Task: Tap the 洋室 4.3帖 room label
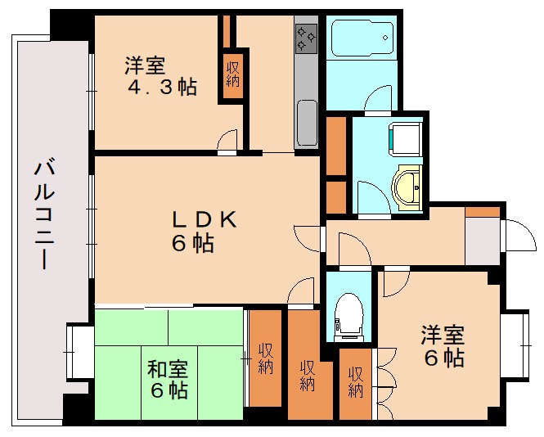(160, 75)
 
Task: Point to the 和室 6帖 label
(169, 378)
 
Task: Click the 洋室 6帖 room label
(443, 346)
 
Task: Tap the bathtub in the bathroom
(362, 38)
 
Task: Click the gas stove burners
(307, 37)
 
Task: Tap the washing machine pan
(406, 137)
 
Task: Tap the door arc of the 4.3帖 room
(227, 142)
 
